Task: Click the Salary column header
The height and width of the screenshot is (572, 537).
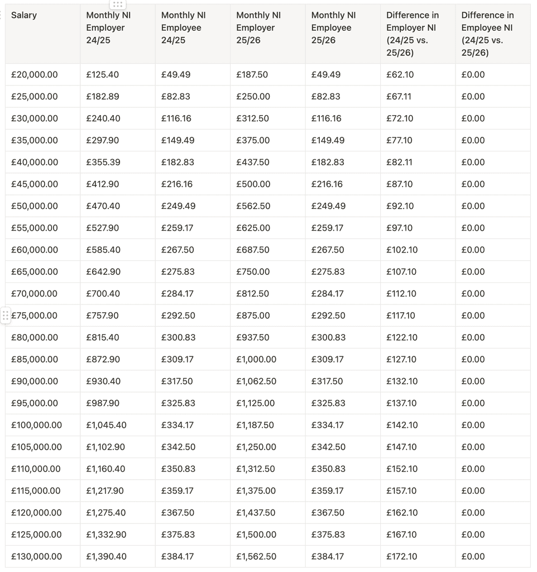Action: (x=24, y=15)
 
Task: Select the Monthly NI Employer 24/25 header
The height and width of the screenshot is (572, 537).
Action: (x=108, y=27)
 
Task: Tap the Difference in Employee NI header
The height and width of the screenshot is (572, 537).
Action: (x=487, y=34)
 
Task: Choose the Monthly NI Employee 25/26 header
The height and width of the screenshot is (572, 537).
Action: (x=333, y=27)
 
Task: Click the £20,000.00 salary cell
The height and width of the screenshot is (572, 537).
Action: (x=35, y=74)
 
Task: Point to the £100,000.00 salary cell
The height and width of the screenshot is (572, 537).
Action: (x=37, y=425)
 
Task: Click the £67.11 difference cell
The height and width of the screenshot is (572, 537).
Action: (x=399, y=96)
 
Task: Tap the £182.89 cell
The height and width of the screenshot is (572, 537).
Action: (x=103, y=96)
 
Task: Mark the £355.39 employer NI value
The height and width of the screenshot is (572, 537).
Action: (x=103, y=162)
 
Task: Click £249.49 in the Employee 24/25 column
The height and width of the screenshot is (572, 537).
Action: (x=178, y=206)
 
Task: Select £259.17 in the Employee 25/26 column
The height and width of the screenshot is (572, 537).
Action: (x=328, y=228)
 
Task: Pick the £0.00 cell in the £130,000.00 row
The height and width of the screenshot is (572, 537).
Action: (x=473, y=556)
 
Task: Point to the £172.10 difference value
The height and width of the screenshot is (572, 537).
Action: (x=402, y=556)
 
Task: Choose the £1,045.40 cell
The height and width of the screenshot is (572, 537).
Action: (x=106, y=425)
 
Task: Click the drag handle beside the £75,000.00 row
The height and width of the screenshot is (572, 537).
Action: (x=6, y=316)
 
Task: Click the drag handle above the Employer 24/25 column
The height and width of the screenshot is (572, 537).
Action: (x=117, y=4)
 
